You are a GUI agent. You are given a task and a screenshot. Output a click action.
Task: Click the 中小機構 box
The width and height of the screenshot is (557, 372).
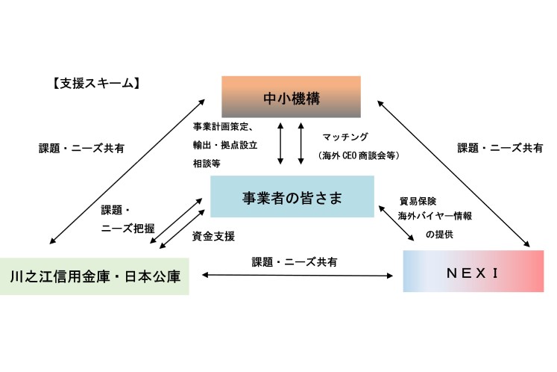(291, 96)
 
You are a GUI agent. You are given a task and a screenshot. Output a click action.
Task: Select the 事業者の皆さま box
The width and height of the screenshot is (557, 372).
(292, 197)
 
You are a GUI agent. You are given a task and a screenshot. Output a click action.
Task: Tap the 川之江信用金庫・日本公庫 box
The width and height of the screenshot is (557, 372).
(94, 276)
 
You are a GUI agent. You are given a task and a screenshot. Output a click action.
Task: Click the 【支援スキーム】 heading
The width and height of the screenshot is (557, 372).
(93, 83)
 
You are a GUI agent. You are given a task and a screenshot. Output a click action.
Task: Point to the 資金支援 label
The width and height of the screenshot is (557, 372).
(213, 236)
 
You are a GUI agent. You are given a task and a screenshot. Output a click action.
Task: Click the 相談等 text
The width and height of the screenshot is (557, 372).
(207, 161)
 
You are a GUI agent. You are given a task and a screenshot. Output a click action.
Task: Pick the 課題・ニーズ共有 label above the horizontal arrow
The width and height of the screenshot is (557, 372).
(294, 262)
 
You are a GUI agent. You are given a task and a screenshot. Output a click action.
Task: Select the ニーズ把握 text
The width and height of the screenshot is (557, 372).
(127, 229)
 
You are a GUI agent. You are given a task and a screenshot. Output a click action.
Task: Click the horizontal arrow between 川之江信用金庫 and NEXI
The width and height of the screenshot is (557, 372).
(298, 276)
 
